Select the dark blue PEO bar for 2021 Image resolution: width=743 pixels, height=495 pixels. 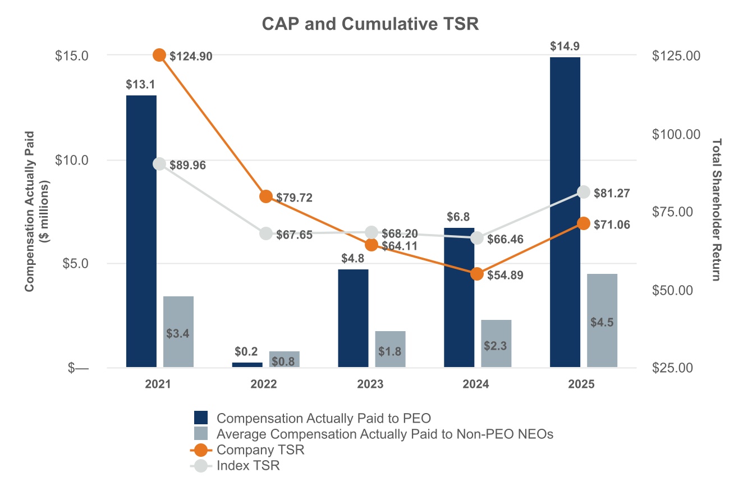(x=141, y=230)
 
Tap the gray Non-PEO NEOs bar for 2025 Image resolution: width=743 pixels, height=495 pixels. (x=602, y=320)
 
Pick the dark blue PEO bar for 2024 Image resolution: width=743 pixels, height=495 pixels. (x=459, y=297)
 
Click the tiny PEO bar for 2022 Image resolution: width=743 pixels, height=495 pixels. (x=247, y=365)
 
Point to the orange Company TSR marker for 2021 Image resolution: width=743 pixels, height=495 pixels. (x=159, y=55)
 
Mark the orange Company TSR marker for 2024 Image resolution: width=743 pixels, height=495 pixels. (x=477, y=274)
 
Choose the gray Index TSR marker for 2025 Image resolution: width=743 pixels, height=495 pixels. (x=584, y=192)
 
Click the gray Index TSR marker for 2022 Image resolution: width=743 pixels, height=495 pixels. (x=266, y=233)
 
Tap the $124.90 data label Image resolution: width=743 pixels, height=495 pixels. (x=191, y=56)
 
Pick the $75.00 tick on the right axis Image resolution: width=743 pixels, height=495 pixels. (x=676, y=212)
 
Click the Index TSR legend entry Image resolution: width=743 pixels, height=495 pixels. (x=247, y=465)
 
